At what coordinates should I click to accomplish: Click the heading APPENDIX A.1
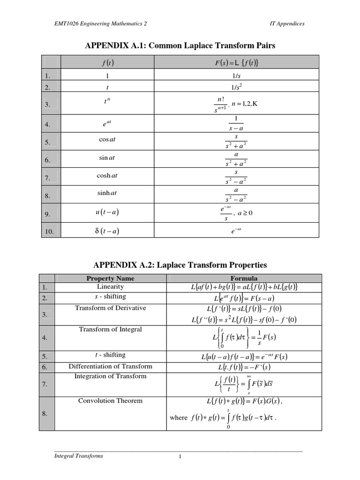pyautogui.click(x=180, y=45)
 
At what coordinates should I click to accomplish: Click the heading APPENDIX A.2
pyautogui.click(x=180, y=265)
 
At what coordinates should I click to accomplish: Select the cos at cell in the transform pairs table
pyautogui.click(x=107, y=140)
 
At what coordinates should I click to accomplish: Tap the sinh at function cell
pyautogui.click(x=107, y=193)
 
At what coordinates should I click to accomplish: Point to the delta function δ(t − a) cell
pyautogui.click(x=107, y=231)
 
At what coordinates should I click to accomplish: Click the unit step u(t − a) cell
pyautogui.click(x=107, y=212)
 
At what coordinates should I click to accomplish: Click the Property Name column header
pyautogui.click(x=111, y=278)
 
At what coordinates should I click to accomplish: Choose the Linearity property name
pyautogui.click(x=111, y=286)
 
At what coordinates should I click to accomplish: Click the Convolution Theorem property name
pyautogui.click(x=111, y=401)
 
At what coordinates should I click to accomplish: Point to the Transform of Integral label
pyautogui.click(x=111, y=330)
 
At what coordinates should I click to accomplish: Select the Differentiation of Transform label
pyautogui.click(x=111, y=366)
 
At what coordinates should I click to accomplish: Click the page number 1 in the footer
pyautogui.click(x=180, y=458)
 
